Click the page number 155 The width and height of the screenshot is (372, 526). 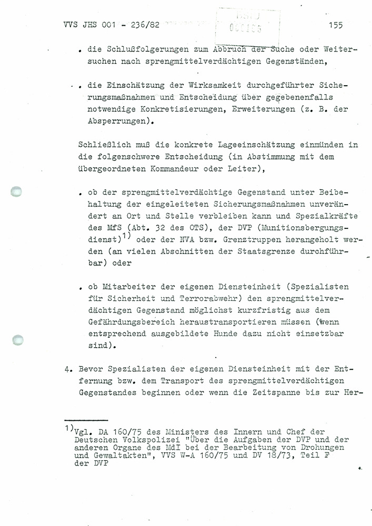[x=335, y=24]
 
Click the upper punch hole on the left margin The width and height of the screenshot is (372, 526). [x=18, y=193]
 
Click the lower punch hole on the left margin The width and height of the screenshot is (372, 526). [x=18, y=341]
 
